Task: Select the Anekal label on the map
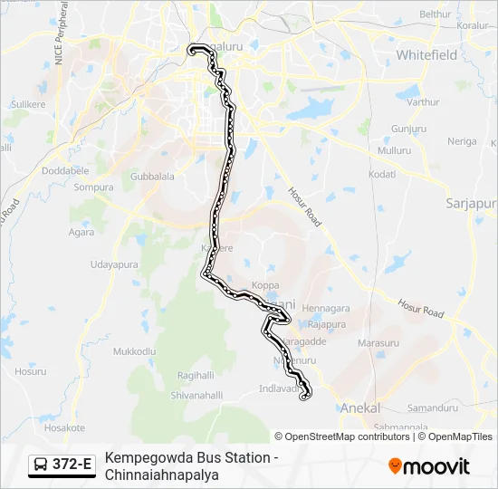(x=359, y=408)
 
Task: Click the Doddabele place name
(x=65, y=170)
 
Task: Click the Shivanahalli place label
(x=196, y=395)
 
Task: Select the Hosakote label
(x=64, y=427)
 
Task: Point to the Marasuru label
(x=378, y=343)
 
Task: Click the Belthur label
(x=435, y=14)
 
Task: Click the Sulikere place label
(x=28, y=105)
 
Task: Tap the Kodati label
(x=383, y=174)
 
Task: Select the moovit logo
(x=429, y=466)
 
